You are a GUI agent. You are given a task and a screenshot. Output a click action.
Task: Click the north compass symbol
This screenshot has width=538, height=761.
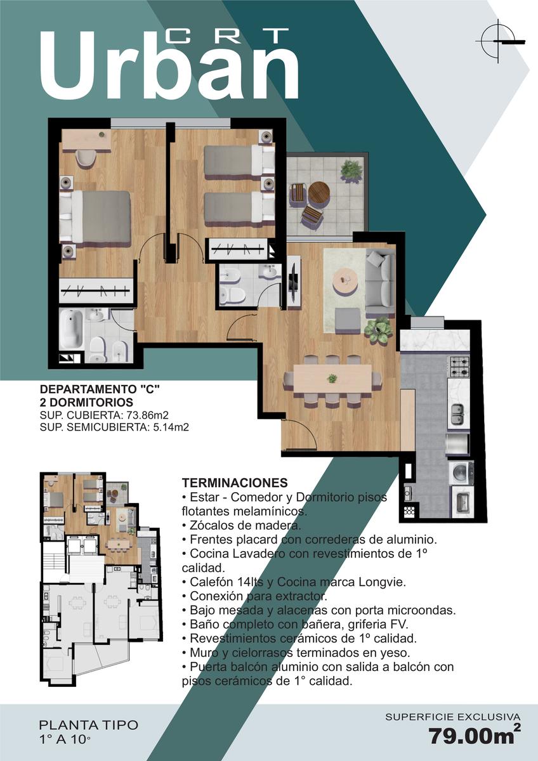[x=499, y=41]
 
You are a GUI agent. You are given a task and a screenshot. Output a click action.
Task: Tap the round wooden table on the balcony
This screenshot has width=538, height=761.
[x=319, y=193]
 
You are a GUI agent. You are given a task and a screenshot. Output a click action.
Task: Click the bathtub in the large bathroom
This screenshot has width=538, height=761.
[x=71, y=329]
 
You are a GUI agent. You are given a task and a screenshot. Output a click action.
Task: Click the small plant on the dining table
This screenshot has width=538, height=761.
[x=332, y=377]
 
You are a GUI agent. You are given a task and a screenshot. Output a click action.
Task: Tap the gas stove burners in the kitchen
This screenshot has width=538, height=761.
[x=459, y=367]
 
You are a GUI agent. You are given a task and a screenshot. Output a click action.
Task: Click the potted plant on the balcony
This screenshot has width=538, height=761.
[x=351, y=169]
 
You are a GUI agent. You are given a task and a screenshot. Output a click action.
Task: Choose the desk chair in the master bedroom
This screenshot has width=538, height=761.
[x=86, y=159]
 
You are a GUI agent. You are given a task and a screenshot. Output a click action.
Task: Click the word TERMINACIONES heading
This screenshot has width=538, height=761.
[x=235, y=483]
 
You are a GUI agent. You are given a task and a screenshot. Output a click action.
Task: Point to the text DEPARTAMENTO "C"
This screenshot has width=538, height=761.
[x=100, y=389]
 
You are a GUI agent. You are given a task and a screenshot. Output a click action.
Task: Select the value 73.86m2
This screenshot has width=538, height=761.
[x=147, y=415]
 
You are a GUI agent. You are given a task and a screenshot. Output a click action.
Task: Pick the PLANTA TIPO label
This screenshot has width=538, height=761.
[x=89, y=725]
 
